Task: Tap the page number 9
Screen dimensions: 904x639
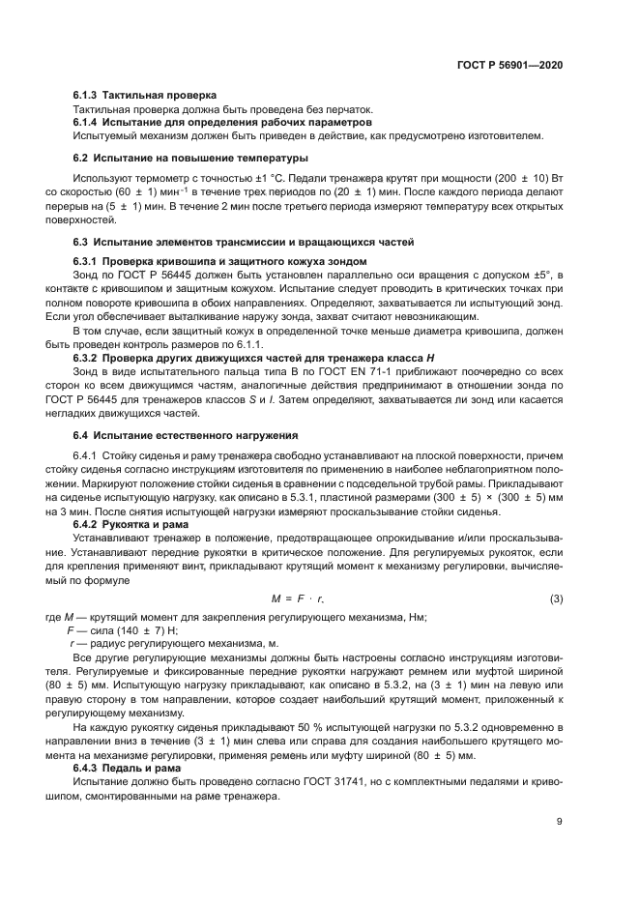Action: click(x=560, y=823)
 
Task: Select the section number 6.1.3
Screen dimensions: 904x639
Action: click(x=87, y=94)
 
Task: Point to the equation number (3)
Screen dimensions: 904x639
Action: click(x=557, y=599)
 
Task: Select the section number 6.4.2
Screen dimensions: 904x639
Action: click(x=87, y=524)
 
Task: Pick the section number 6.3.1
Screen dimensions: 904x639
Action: click(x=87, y=262)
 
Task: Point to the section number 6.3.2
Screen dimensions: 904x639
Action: click(x=87, y=357)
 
